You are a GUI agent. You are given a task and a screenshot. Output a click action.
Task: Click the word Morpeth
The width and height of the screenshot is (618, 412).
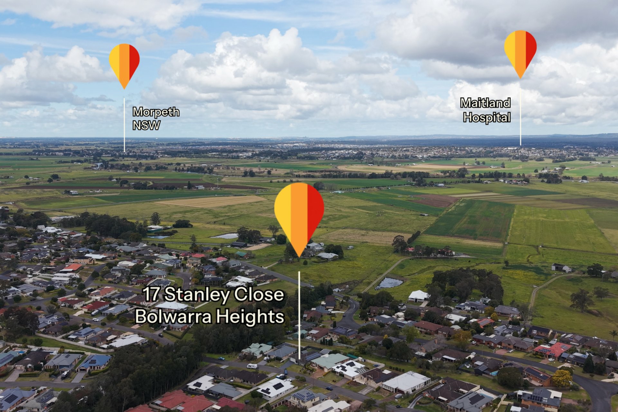(156, 112)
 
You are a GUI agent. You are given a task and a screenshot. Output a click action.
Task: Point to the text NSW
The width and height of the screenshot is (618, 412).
(146, 126)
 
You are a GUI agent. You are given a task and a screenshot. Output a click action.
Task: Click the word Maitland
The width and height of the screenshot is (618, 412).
(485, 103)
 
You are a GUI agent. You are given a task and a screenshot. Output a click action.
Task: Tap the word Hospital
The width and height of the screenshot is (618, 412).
(487, 117)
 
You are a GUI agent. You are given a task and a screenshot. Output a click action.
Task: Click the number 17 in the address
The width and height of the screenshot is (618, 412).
(150, 294)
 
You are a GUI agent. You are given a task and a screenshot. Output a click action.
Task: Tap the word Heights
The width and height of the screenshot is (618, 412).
(250, 317)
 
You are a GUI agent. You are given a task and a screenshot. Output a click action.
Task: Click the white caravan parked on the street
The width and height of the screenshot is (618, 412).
(252, 366)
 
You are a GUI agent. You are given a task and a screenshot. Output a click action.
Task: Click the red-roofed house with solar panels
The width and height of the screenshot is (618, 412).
(552, 350)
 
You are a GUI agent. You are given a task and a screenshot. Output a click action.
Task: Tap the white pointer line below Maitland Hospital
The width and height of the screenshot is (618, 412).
(520, 113)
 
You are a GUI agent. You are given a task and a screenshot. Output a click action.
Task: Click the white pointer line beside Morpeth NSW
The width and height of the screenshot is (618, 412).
(124, 125)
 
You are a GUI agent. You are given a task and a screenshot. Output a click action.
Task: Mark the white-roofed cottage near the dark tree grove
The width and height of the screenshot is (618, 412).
(418, 296)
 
